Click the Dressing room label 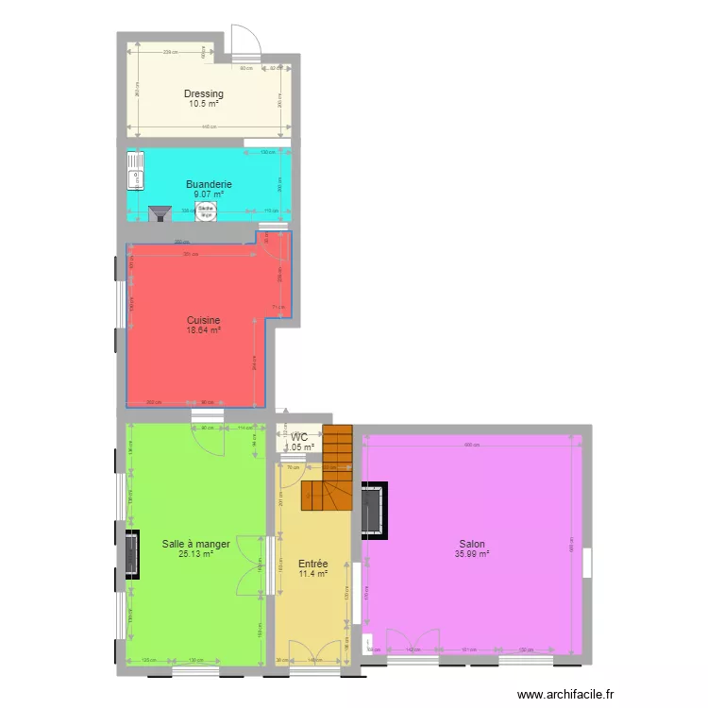point(204,93)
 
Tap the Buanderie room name point(209,184)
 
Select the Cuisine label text point(203,320)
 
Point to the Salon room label point(472,544)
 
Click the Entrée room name point(312,563)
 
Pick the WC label point(299,437)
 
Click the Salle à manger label point(195,544)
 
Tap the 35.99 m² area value point(472,554)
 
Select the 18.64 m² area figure point(203,330)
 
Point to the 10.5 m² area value point(204,104)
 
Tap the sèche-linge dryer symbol point(205,212)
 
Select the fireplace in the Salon point(372,511)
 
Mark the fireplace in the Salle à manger point(129,554)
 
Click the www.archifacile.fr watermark point(561,693)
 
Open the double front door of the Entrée point(314,652)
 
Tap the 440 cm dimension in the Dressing point(208,126)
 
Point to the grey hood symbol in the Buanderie point(159,215)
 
